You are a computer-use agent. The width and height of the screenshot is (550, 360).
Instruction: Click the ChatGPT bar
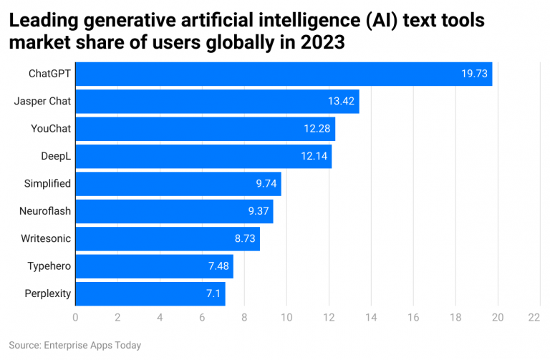[284, 74]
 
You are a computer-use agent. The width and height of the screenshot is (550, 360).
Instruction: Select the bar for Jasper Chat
[217, 101]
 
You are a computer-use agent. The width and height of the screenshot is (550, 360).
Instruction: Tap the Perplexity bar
[150, 293]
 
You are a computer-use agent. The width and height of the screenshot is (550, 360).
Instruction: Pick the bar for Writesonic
[167, 238]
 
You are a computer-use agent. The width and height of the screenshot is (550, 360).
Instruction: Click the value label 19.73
[474, 74]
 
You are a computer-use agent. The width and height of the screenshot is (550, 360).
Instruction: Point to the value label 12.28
[317, 129]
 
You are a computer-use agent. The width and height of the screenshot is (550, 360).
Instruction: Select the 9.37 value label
[256, 211]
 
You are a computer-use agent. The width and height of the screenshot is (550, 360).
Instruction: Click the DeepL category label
[55, 156]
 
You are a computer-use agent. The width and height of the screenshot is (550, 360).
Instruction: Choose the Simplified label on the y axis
[47, 183]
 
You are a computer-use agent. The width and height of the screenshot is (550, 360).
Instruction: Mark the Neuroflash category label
[45, 211]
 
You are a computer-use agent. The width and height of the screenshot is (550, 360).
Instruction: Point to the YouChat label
[50, 129]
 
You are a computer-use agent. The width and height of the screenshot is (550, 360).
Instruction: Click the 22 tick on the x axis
[534, 317]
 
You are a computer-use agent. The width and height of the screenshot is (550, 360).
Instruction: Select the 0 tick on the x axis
[75, 317]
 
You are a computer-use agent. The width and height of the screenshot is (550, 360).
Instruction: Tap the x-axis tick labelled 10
[286, 317]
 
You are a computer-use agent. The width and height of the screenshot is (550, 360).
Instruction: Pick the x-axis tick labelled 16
[413, 317]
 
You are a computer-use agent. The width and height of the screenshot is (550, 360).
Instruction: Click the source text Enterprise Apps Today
[91, 345]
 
